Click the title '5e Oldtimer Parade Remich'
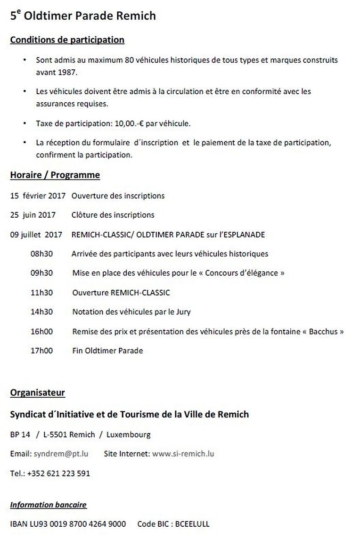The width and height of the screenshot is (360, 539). (83, 16)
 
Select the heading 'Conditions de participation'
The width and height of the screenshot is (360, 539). (67, 40)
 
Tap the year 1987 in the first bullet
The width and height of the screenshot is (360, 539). (67, 73)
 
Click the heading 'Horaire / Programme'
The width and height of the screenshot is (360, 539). (55, 175)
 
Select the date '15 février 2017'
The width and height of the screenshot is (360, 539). (37, 196)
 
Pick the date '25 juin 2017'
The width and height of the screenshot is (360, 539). (33, 215)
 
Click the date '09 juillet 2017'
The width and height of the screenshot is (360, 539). (36, 234)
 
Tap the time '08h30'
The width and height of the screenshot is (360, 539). (41, 253)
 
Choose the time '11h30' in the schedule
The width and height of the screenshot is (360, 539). (41, 293)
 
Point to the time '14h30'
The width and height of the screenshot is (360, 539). (41, 312)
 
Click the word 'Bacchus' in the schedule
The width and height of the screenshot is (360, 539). (323, 331)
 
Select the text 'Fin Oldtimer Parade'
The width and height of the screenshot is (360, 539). (107, 351)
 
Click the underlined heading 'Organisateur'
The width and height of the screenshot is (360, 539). (37, 392)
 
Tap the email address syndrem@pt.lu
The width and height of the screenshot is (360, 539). (61, 454)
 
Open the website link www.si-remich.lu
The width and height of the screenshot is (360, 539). (183, 454)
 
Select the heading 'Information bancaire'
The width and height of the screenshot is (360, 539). (48, 505)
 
